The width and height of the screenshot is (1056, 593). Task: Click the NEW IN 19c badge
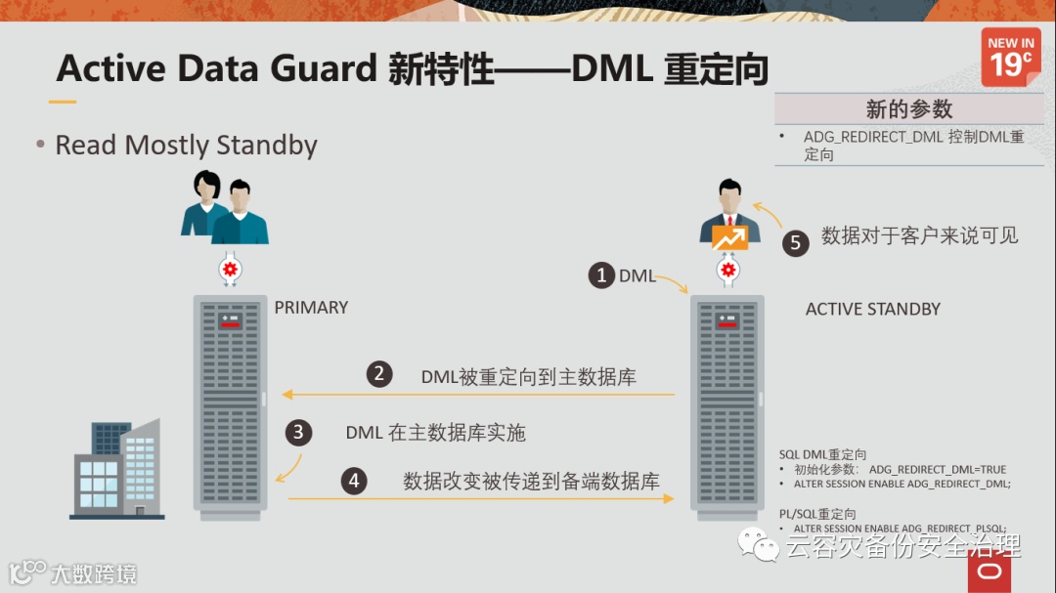(x=1011, y=56)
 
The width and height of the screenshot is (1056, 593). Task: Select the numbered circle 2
(x=379, y=374)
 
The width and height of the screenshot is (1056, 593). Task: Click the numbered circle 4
(x=354, y=481)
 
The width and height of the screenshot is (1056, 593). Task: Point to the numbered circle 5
(x=796, y=242)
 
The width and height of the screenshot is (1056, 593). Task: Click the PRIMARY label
(x=311, y=308)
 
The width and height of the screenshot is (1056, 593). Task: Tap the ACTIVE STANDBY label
(x=872, y=310)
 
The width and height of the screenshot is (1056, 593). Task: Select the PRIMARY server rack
(x=230, y=401)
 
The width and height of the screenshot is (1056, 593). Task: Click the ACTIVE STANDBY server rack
(x=727, y=401)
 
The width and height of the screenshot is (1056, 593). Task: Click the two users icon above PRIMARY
(x=224, y=209)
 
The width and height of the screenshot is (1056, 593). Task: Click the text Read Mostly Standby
(x=186, y=146)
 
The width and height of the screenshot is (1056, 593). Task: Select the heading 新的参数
(x=908, y=109)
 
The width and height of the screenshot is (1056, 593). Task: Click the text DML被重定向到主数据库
(x=528, y=376)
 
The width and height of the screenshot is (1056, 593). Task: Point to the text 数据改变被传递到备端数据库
(x=531, y=481)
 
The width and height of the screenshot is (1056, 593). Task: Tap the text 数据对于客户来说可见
(x=919, y=235)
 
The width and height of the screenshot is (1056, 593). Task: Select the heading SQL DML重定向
(x=822, y=454)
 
